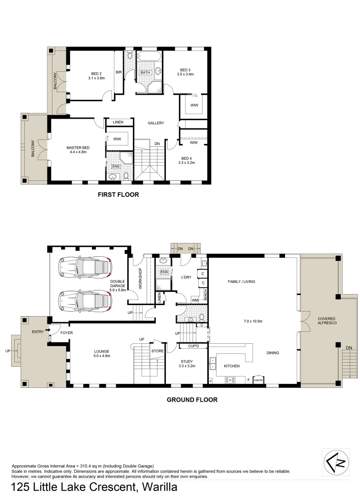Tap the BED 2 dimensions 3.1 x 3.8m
[96, 78]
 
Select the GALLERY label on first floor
[156, 123]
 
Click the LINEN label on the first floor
[118, 122]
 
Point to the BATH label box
[145, 72]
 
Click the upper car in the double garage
[86, 266]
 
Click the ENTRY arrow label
[40, 331]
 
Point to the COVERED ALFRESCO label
[327, 321]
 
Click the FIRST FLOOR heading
[118, 195]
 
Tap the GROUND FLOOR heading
[192, 400]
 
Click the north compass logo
[336, 462]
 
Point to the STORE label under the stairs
[157, 351]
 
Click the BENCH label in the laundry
[205, 295]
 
